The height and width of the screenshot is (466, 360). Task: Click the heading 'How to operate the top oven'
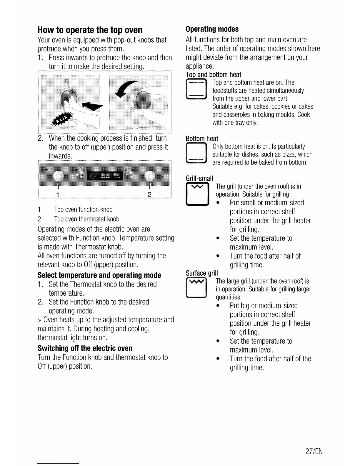point(90,30)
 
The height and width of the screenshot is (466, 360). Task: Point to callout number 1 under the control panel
point(58,194)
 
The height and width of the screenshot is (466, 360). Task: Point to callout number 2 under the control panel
point(149,194)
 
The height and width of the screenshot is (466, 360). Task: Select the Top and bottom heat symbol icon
point(196,89)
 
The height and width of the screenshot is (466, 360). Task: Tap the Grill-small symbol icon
point(197,194)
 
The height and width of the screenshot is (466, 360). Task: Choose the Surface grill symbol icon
point(196,288)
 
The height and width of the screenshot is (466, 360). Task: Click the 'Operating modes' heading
point(212,29)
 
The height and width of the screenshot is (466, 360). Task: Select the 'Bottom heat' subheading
point(202,139)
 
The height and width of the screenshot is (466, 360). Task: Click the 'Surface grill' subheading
point(202,273)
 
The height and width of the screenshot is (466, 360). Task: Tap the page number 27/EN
point(314,451)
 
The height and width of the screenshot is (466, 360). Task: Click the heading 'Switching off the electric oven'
point(85,348)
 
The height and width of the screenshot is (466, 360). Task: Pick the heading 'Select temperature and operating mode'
point(99,275)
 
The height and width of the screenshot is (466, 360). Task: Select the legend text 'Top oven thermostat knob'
point(86,219)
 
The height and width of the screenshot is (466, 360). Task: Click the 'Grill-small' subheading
point(199,178)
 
